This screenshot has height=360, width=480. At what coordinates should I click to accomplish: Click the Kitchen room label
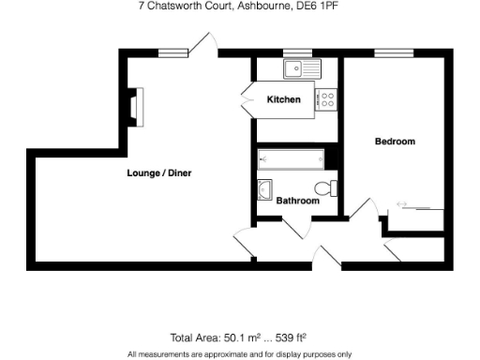pyautogui.click(x=284, y=99)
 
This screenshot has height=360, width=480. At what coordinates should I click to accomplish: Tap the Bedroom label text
pyautogui.click(x=395, y=142)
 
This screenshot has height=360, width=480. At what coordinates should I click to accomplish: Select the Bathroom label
pyautogui.click(x=297, y=201)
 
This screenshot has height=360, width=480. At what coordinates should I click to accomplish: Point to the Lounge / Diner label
pyautogui.click(x=159, y=172)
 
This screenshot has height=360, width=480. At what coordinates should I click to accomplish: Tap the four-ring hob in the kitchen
pyautogui.click(x=328, y=99)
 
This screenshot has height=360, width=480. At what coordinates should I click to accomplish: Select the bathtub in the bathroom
pyautogui.click(x=290, y=158)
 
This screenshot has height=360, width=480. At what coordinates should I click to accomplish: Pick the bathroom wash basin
pyautogui.click(x=264, y=190)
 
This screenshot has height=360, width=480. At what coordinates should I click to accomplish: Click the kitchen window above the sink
pyautogui.click(x=297, y=52)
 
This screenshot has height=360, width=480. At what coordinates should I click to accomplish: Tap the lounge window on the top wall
pyautogui.click(x=170, y=52)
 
